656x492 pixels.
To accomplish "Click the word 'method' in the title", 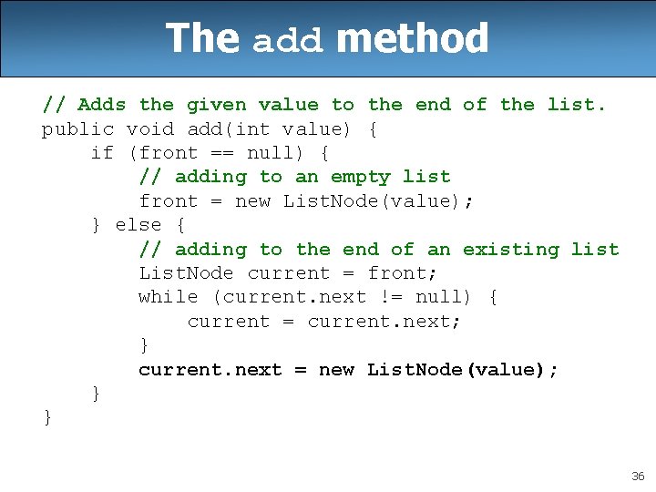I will point(412,39).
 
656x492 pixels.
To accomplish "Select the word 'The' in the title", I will point(201,39).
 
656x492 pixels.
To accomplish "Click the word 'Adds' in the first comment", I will point(102,105).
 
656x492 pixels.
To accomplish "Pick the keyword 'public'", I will point(77,129).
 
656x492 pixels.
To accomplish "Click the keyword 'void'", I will point(149,129).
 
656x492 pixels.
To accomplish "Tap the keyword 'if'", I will point(102,153).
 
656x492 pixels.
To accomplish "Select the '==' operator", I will point(221,153).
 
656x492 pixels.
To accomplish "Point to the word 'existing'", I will point(510,249).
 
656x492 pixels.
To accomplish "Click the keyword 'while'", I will point(168,297).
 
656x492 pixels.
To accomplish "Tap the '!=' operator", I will point(390,297).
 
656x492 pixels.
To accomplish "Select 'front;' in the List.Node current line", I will point(403,273).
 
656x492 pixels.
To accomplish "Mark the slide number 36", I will point(637,477).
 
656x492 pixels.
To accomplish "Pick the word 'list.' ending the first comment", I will point(576,105).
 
